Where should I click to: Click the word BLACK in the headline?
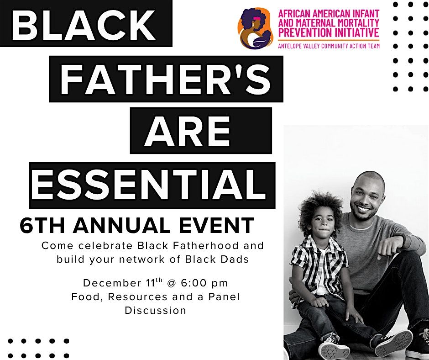84,23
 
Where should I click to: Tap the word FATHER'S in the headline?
165,79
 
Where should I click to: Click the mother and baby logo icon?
255,28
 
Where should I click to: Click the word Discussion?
156,311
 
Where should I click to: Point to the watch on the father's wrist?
403,238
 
